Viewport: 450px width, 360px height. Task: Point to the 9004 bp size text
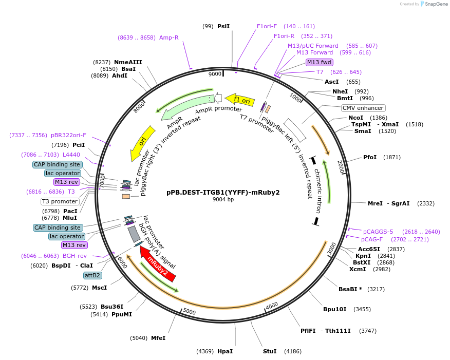click(223, 200)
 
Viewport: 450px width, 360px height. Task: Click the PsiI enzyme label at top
click(223, 26)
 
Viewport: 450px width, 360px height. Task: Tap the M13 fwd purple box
click(319, 62)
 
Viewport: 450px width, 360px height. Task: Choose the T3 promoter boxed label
click(60, 201)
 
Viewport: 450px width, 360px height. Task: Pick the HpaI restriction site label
click(225, 351)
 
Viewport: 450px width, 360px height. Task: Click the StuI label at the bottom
click(270, 351)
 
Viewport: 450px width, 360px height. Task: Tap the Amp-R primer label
click(168, 37)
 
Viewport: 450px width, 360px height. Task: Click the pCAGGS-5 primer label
click(378, 232)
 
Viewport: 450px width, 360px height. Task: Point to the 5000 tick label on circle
click(189, 312)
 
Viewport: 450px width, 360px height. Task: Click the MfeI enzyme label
click(158, 338)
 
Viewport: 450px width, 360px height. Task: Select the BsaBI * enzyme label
click(350, 289)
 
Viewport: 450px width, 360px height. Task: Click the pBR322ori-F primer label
click(68, 135)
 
